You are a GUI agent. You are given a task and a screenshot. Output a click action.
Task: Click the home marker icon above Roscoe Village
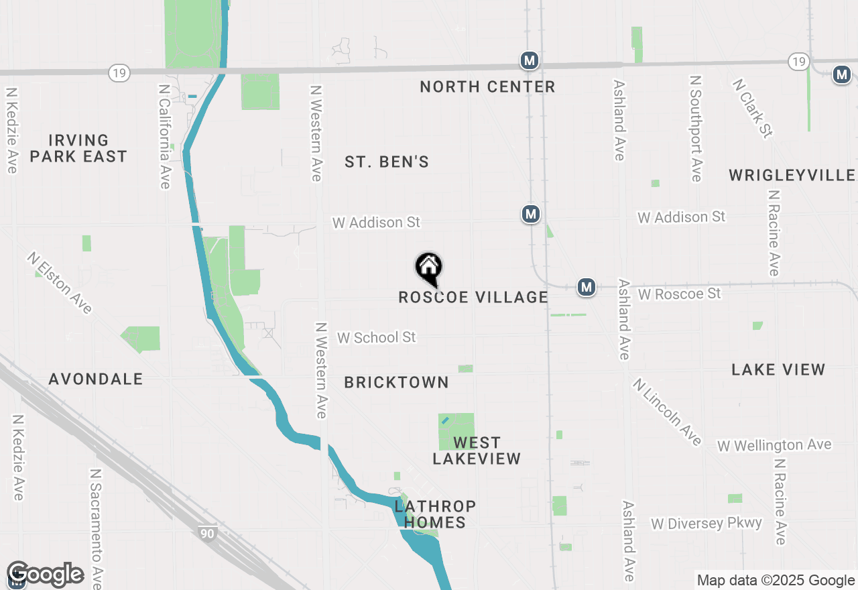[429, 268]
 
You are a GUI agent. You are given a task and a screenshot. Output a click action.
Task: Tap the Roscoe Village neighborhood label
[473, 297]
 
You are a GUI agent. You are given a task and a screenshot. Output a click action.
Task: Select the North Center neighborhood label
[487, 86]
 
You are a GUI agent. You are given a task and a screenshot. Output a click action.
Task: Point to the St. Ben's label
[387, 162]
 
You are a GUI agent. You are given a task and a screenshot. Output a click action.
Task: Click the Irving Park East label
[78, 148]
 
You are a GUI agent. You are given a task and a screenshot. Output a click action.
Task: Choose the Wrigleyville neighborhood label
[792, 175]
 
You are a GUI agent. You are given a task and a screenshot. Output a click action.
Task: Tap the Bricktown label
[396, 382]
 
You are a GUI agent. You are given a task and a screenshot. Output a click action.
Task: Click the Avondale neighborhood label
[96, 379]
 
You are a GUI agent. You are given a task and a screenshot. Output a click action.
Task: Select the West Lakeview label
[477, 451]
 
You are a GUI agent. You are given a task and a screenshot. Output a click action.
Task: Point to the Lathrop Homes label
[435, 514]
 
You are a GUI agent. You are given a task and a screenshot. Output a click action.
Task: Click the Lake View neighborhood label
[778, 369]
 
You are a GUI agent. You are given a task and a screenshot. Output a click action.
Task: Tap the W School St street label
[376, 337]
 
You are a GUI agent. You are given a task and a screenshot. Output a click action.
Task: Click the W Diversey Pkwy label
[706, 523]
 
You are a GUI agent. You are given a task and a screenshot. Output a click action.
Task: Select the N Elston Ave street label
[60, 282]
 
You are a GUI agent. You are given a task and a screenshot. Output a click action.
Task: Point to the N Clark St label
[753, 108]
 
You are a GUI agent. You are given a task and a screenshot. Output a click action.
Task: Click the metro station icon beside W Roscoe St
[587, 287]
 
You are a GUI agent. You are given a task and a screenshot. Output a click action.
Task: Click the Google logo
[45, 575]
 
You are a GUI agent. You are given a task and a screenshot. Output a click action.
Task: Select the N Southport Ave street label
[696, 128]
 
